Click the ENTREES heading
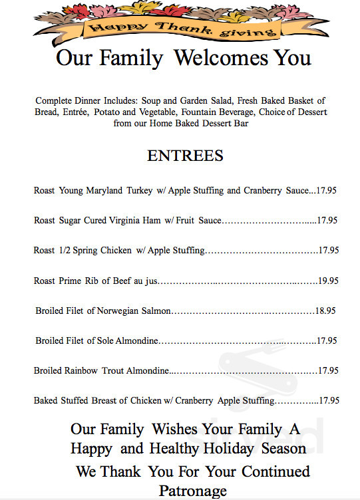(185, 156)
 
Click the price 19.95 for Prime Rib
(328, 281)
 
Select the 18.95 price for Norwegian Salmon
(325, 311)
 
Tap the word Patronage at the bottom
(193, 491)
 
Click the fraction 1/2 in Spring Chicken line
(66, 251)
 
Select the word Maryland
(104, 190)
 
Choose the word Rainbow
(81, 371)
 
